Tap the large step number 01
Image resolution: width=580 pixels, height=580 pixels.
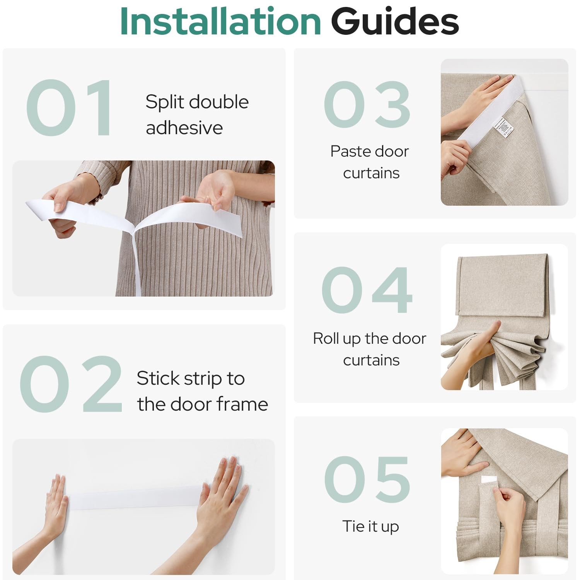[69, 108]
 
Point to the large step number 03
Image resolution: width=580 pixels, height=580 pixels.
[367, 104]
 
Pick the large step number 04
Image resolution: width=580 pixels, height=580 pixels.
[367, 290]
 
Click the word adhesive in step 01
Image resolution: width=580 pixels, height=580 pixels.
[184, 128]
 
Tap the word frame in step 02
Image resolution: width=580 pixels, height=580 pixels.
[242, 404]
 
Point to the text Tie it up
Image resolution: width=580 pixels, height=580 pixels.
[370, 526]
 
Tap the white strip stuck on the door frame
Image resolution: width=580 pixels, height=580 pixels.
[133, 498]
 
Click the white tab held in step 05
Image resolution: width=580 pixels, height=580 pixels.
[489, 480]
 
